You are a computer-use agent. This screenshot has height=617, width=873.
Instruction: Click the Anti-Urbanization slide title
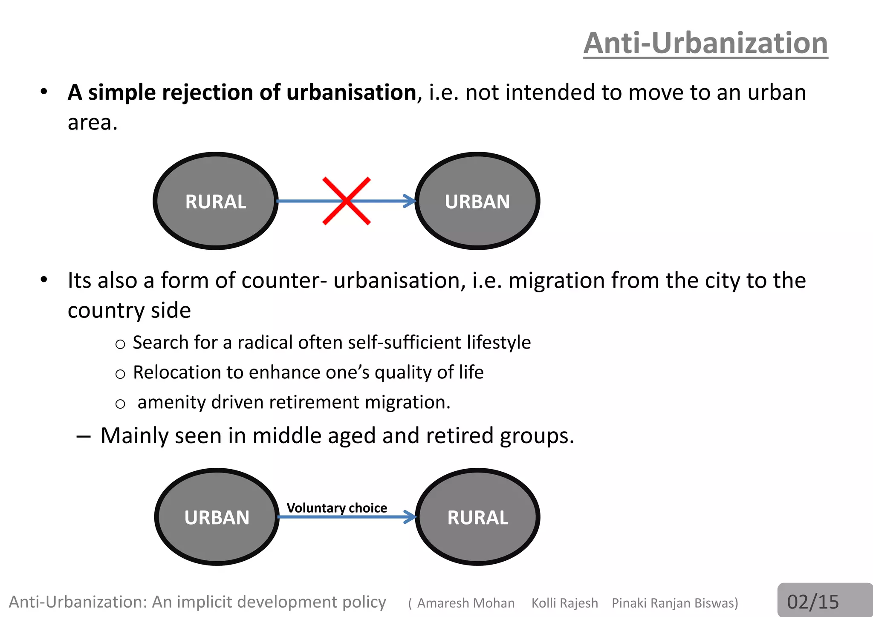[x=705, y=43]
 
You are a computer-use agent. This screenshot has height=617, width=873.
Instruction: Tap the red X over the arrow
[x=347, y=201]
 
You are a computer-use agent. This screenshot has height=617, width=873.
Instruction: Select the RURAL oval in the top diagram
[x=216, y=201]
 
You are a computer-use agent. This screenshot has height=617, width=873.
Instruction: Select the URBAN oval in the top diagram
[x=477, y=201]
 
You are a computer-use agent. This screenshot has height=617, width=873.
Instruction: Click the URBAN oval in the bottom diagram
[x=217, y=517]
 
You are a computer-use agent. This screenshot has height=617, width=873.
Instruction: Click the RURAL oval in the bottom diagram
[x=477, y=517]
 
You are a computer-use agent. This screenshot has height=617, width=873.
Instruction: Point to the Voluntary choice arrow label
[x=337, y=507]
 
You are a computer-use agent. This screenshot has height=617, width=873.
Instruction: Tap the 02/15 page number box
[x=813, y=602]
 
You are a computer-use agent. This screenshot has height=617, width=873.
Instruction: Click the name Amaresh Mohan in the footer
[x=465, y=603]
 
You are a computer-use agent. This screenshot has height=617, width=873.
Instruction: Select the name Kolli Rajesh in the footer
[x=564, y=603]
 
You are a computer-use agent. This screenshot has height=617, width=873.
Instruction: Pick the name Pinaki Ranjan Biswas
[x=674, y=603]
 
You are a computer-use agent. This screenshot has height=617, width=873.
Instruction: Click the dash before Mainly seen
[x=83, y=436]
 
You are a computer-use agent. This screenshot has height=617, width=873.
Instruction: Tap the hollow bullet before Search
[x=120, y=344]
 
